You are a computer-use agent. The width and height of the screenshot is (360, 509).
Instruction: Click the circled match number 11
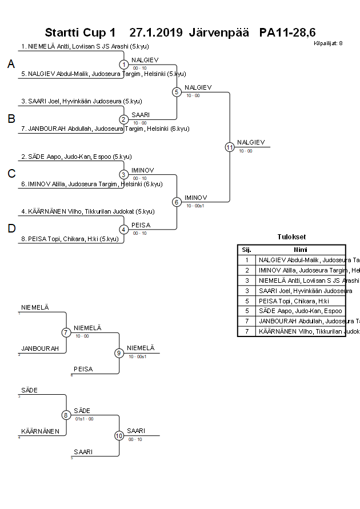230,147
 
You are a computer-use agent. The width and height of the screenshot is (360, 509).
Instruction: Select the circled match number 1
124,65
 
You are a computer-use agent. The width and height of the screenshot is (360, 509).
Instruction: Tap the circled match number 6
177,202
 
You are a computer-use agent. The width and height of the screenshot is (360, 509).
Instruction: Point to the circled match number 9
119,353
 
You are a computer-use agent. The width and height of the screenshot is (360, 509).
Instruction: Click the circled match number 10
119,436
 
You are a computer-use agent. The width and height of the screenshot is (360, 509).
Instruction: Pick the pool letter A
11,65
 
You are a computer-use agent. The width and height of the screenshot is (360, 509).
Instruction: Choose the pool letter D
11,229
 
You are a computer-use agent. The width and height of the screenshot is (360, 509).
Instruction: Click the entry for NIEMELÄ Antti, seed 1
83,46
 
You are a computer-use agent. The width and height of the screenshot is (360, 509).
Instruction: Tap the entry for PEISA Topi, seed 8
73,239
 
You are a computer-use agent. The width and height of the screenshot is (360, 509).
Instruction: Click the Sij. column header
246,250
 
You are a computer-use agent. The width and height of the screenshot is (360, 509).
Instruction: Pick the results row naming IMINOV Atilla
301,270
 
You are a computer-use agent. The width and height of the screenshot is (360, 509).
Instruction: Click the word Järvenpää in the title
219,32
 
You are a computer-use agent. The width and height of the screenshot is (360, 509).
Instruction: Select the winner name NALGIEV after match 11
250,142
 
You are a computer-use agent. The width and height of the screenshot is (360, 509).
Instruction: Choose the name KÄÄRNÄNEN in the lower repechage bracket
40,431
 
